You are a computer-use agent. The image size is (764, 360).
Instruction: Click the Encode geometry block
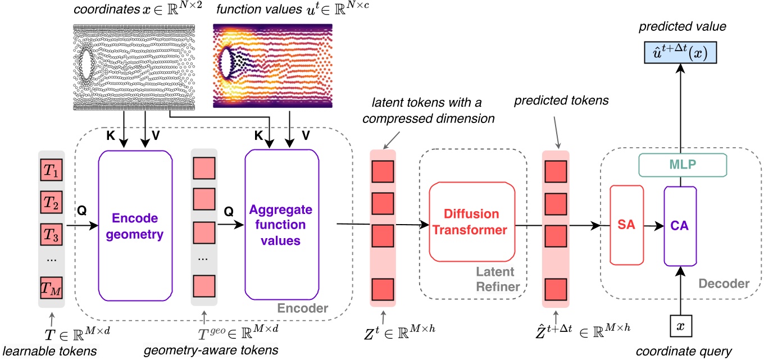coord(134,225)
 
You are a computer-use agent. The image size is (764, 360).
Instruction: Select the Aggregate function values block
coord(282,225)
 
